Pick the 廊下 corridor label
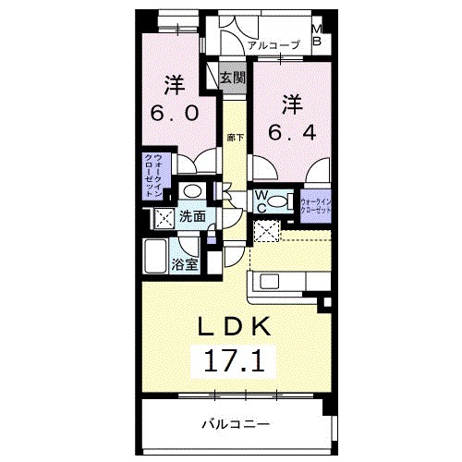click(x=235, y=138)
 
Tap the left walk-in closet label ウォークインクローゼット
click(x=152, y=176)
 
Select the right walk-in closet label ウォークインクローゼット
click(x=314, y=202)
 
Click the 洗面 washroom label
click(x=192, y=218)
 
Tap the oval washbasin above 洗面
click(x=192, y=191)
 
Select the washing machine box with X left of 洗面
click(x=164, y=219)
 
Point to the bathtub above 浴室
click(x=156, y=255)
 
